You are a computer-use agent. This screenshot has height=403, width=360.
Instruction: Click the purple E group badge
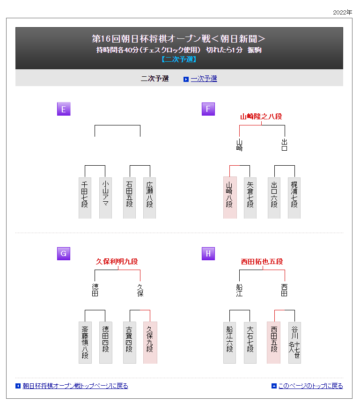tap(64, 109)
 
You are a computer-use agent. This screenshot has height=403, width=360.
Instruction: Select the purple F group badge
tap(208, 109)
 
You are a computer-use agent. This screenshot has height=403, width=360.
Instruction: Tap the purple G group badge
tap(64, 254)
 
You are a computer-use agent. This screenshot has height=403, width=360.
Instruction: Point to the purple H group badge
tap(208, 254)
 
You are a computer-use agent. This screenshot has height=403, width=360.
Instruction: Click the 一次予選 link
tap(204, 79)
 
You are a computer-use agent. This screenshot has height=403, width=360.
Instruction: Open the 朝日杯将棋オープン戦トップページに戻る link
tap(75, 386)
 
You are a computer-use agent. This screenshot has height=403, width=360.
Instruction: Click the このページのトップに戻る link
tap(310, 386)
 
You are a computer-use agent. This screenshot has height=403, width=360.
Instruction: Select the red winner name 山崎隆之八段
tap(261, 117)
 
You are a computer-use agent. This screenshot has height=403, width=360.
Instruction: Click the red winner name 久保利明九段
tap(117, 261)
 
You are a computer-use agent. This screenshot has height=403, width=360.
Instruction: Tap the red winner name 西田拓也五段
tap(262, 261)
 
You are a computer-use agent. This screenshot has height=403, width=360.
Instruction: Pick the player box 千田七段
tap(85, 198)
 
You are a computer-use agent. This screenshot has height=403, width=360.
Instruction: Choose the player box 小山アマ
tap(105, 198)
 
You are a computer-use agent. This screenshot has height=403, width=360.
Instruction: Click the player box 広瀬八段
tap(150, 198)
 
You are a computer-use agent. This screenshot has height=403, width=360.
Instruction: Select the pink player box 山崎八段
tap(229, 198)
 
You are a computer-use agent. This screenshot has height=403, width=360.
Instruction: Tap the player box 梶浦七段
tap(294, 198)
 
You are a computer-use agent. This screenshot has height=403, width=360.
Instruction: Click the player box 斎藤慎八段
tap(85, 342)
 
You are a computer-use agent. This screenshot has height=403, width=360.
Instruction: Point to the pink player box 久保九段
tap(150, 342)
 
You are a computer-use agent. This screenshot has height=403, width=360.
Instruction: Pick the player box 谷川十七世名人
tap(294, 342)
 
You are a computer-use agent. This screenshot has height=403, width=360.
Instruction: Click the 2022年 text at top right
tap(342, 12)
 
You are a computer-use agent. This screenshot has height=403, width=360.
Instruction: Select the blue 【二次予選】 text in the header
tap(179, 59)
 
